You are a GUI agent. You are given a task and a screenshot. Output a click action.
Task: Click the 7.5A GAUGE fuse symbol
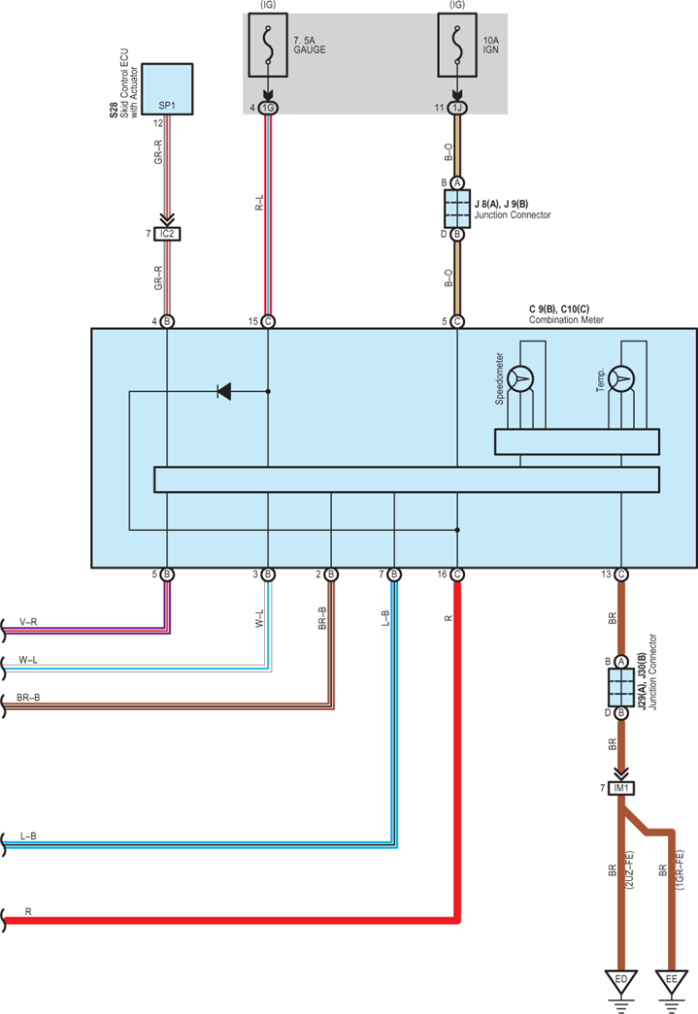pos(268,45)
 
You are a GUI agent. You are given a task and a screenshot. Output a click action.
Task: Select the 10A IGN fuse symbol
pos(457,45)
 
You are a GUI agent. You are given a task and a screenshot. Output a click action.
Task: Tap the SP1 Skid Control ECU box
pos(167,88)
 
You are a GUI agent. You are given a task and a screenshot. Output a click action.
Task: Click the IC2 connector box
pos(167,234)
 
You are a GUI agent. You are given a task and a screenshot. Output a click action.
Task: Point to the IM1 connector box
pos(621,788)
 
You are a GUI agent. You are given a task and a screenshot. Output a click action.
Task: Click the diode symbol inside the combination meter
pos(224,391)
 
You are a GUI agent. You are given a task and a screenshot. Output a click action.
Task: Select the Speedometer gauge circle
pos(520,379)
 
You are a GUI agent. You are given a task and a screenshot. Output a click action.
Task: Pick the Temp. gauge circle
pos(621,379)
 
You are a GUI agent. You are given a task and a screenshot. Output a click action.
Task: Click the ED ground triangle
pos(621,982)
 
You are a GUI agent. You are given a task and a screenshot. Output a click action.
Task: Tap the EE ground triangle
pos(672,982)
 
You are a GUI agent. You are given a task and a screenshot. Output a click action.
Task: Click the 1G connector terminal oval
pos(268,108)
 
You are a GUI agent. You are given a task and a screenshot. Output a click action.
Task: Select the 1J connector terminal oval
pos(457,108)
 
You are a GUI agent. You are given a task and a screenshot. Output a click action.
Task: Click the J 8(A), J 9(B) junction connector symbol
pos(457,209)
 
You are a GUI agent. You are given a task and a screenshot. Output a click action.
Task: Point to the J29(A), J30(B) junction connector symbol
pos(621,687)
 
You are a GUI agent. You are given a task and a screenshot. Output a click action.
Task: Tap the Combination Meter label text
pos(566,319)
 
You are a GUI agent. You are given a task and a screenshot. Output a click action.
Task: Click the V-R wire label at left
pos(28,622)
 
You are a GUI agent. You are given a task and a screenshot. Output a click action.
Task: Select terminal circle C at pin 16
pos(457,574)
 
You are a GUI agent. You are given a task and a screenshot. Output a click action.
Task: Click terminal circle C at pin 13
pos(621,574)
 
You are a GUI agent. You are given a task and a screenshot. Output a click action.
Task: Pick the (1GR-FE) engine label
pos(680,870)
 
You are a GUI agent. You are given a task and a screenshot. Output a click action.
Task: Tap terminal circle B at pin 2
pos(331,574)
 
